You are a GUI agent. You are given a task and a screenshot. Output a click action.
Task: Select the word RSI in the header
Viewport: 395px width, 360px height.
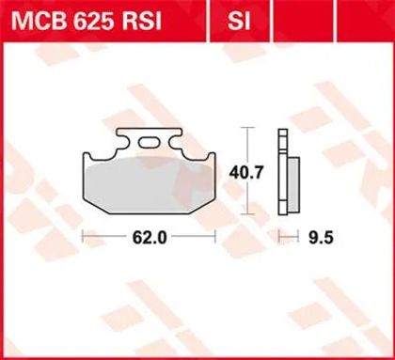(x=140, y=22)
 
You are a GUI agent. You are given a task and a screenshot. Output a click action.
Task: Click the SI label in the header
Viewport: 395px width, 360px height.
(x=239, y=22)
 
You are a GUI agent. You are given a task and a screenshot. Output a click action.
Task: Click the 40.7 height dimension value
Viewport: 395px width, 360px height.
(x=245, y=173)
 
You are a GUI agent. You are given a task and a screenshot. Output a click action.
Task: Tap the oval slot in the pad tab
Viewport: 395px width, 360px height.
(x=149, y=143)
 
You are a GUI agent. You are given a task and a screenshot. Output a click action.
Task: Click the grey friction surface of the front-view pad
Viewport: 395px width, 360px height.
(x=150, y=185)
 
